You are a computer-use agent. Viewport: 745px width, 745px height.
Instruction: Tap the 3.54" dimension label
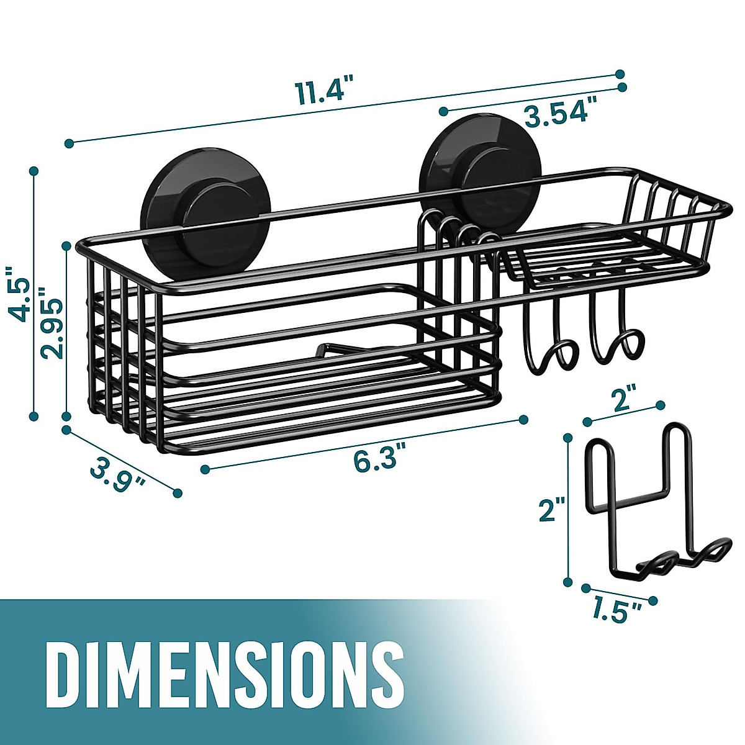556,114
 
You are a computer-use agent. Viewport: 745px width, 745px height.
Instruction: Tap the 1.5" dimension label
617,611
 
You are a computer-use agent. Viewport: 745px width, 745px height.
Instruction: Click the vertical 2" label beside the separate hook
551,510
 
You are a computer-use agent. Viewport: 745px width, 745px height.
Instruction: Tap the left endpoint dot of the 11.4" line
68,143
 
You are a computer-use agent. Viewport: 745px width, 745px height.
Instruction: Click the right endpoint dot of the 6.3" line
523,419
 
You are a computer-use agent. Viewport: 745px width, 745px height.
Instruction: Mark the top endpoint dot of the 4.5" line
34,169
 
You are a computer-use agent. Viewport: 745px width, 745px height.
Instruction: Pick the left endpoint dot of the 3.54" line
443,111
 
